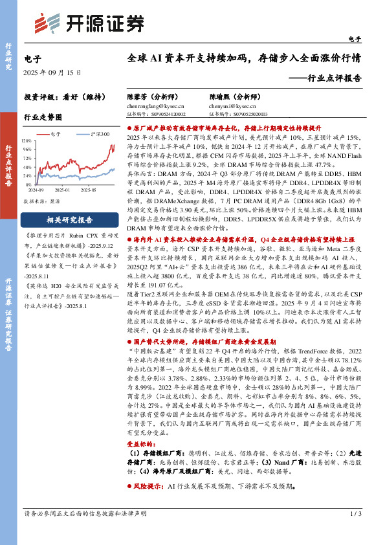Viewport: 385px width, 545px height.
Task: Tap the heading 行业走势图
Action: (43, 117)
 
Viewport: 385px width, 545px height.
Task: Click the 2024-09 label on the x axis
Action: (36, 190)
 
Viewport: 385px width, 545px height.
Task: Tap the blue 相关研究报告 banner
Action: (69, 219)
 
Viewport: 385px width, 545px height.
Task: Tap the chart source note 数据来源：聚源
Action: (43, 201)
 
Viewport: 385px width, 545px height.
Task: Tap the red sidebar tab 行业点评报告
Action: (9, 165)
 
